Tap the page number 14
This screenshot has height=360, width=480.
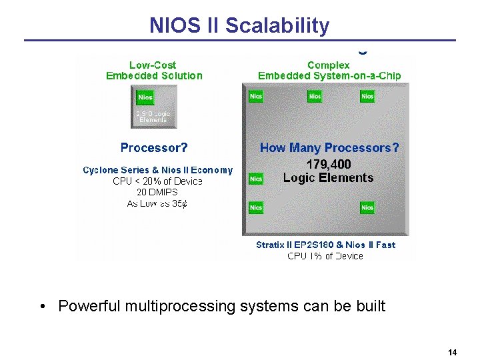[452, 352]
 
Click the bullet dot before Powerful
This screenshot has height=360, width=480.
[42, 307]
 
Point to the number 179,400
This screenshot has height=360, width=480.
[328, 164]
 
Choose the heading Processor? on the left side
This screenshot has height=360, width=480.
[154, 147]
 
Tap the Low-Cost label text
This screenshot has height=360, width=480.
[153, 65]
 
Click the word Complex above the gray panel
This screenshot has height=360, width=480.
[329, 65]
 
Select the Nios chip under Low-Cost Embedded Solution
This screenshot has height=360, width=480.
[145, 97]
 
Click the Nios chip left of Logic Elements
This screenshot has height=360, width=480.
[256, 179]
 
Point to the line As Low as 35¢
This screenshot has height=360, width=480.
[157, 203]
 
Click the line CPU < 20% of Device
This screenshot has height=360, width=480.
[158, 181]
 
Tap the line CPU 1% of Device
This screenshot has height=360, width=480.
[325, 256]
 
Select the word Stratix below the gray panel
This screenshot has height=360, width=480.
[272, 245]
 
